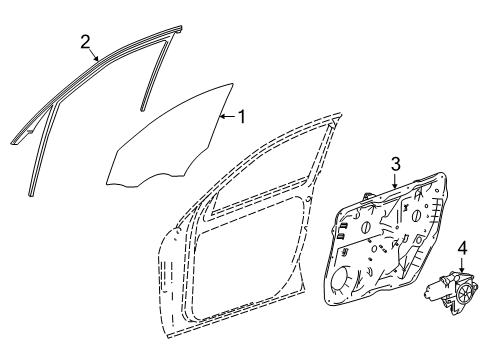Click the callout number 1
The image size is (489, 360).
click(241, 117)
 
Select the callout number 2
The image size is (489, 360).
click(85, 42)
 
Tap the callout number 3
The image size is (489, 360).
click(395, 164)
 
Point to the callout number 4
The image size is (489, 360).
click(462, 248)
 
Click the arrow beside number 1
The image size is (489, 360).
click(227, 116)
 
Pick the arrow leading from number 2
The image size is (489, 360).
click(93, 55)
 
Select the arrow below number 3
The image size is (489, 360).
click(395, 181)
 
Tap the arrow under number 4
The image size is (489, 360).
click(462, 265)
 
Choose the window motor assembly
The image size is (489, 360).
click(451, 292)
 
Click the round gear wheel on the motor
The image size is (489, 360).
click(464, 293)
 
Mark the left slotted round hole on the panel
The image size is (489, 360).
click(366, 228)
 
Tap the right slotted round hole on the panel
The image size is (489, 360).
click(417, 216)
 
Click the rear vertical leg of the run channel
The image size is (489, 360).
click(156, 72)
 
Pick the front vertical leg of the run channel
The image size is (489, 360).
click(42, 150)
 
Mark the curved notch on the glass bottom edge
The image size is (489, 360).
click(163, 176)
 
